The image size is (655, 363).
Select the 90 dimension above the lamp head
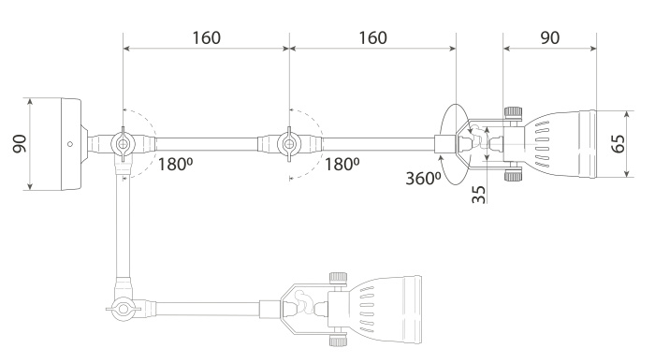pyautogui.click(x=549, y=38)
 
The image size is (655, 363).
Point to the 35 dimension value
pyautogui.click(x=477, y=194)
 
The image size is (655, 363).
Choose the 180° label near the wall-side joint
pyautogui.click(x=175, y=165)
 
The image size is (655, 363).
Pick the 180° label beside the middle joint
pyautogui.click(x=341, y=165)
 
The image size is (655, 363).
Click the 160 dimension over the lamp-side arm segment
pyautogui.click(x=372, y=38)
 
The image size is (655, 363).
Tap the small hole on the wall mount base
pyautogui.click(x=69, y=144)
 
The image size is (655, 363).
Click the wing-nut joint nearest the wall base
pyautogui.click(x=123, y=144)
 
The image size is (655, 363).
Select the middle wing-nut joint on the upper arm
pyautogui.click(x=289, y=144)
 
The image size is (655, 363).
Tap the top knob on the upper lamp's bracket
pyautogui.click(x=512, y=112)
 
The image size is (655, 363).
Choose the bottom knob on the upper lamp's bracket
pyautogui.click(x=512, y=175)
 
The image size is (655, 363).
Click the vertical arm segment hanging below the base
pyautogui.click(x=119, y=225)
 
